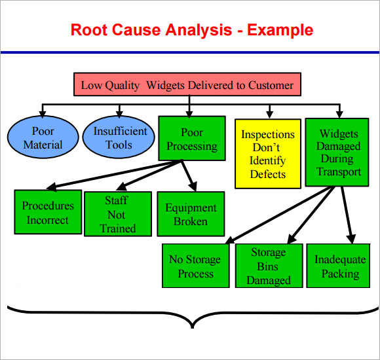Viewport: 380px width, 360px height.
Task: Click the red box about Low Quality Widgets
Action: click(x=187, y=85)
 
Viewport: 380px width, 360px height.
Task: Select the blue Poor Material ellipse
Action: click(x=43, y=138)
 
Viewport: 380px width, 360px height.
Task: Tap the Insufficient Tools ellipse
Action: click(x=118, y=138)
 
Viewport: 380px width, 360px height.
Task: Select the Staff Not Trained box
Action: click(x=118, y=214)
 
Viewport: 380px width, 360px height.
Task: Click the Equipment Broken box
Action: click(x=191, y=214)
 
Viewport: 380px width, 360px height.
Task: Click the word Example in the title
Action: click(x=280, y=29)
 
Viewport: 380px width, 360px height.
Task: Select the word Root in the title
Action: click(x=88, y=29)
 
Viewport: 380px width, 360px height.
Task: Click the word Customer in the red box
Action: click(x=271, y=85)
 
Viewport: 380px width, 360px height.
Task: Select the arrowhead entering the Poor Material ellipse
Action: click(x=43, y=113)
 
